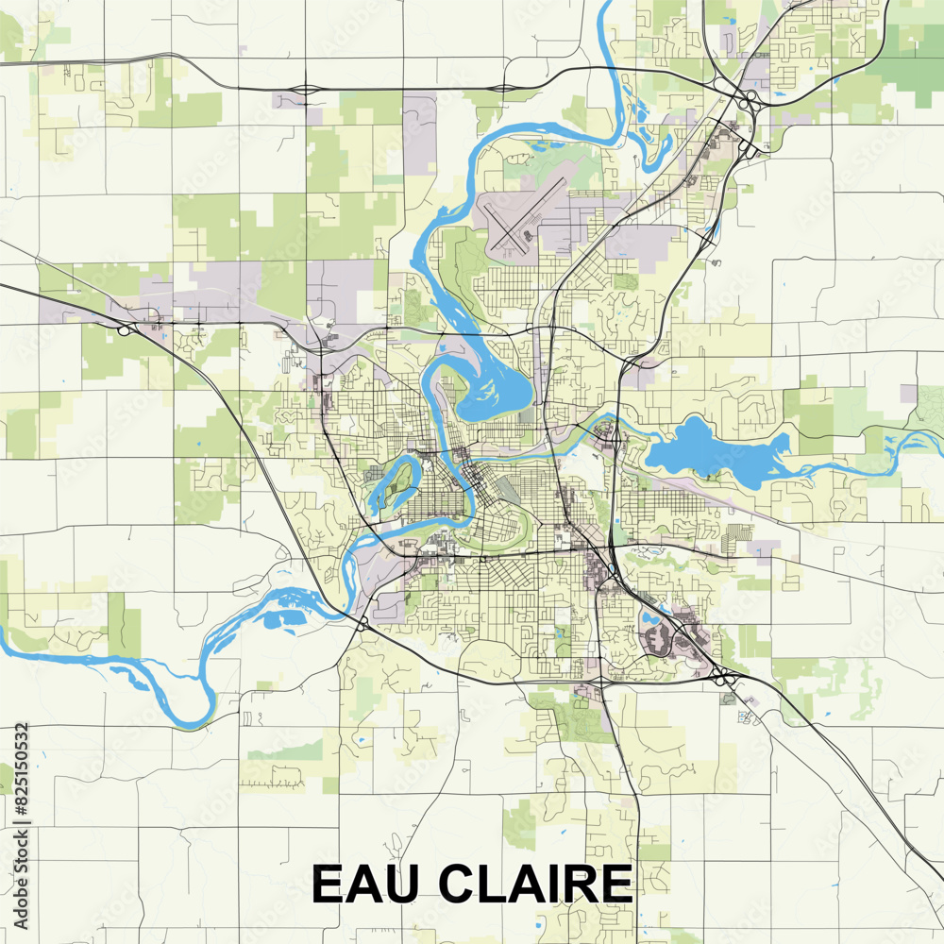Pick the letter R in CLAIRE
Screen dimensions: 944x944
pos(579,885)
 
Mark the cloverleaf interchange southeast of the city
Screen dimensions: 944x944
pos(722,676)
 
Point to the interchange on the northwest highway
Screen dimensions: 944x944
pos(126,329)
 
